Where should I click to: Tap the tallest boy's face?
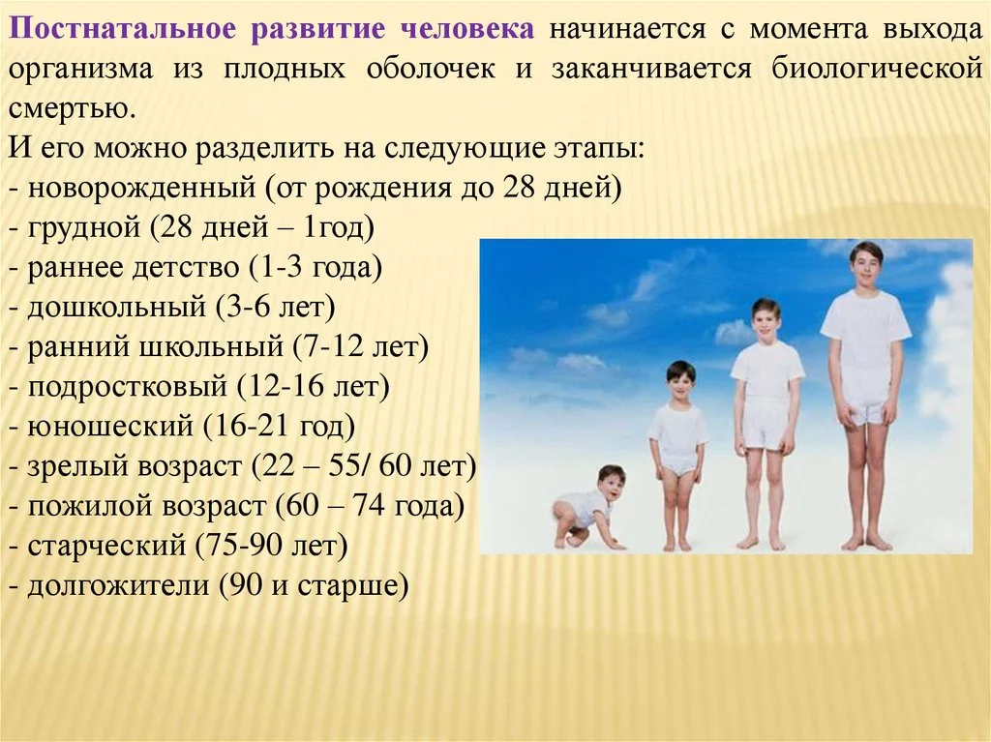[x=866, y=263]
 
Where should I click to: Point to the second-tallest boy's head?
[x=766, y=318]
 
